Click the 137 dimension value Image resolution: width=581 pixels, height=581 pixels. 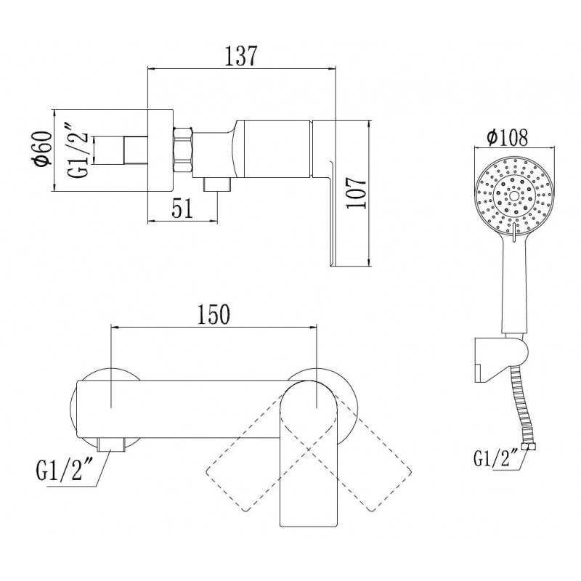point(241,56)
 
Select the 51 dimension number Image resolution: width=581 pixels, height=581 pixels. point(183,208)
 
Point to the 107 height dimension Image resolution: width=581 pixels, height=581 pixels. point(357,193)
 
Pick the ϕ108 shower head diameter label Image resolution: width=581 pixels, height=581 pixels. point(507,137)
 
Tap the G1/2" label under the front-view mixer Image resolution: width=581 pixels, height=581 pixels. point(60,470)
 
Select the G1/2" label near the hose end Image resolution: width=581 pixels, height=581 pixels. point(495,458)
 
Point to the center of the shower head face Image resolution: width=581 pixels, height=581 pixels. point(514,196)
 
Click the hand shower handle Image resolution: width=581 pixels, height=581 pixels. point(514,285)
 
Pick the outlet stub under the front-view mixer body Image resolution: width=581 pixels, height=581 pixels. point(111,444)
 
